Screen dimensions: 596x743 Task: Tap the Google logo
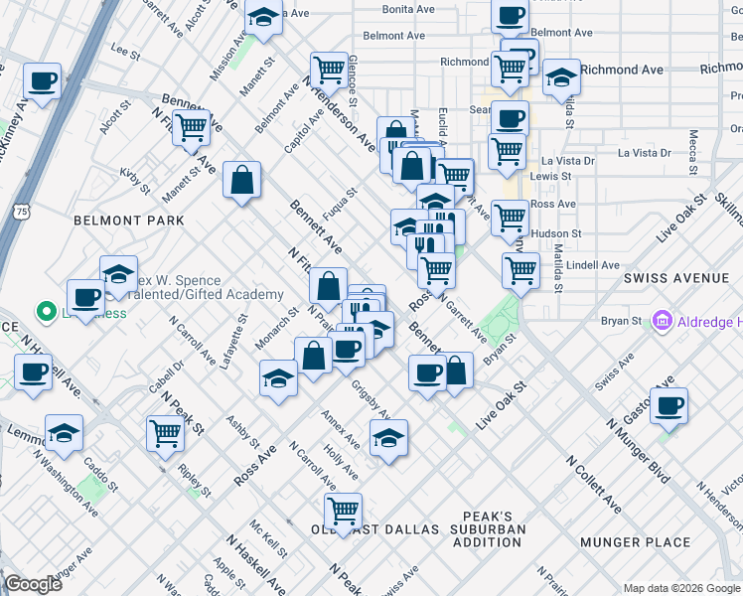[34, 585]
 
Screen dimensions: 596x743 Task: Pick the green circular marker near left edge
[45, 313]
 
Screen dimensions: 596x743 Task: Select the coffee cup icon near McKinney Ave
[42, 81]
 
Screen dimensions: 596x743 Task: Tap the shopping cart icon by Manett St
[191, 127]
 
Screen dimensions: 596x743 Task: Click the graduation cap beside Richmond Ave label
[561, 77]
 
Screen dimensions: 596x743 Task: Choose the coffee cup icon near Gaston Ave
[669, 406]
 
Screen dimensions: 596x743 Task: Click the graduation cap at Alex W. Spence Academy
[118, 274]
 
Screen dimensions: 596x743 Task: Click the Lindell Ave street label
[593, 265]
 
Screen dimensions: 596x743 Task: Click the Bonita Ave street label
[408, 9]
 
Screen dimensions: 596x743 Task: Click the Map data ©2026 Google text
[680, 587]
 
